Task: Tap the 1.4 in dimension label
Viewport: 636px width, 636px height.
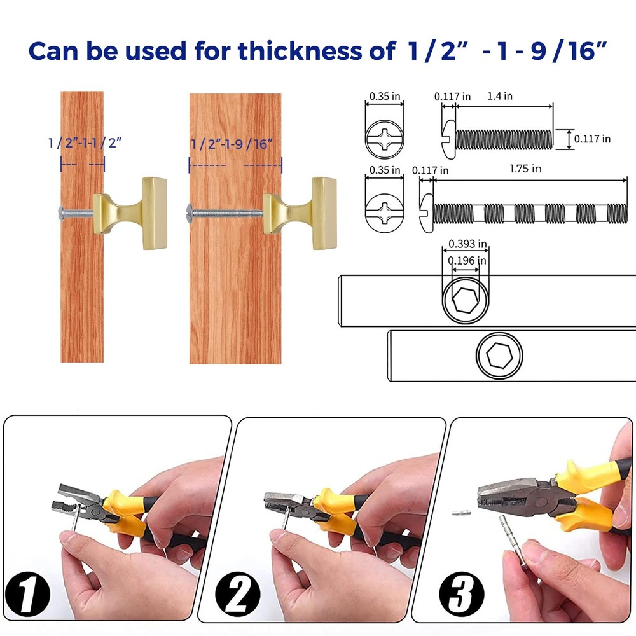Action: click(x=499, y=97)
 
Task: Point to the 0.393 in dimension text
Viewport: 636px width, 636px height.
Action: click(x=467, y=244)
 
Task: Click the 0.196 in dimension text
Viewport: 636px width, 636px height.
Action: click(x=467, y=260)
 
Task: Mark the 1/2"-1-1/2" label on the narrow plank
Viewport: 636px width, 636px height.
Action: click(x=85, y=142)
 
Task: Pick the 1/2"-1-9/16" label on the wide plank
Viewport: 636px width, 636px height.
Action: click(x=235, y=143)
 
